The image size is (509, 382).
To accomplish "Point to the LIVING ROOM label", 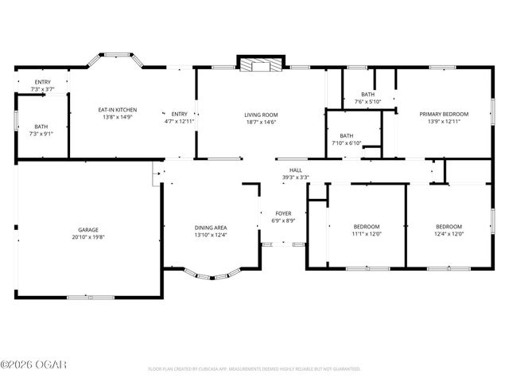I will click(261, 115).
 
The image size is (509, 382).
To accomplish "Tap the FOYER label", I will click(284, 212).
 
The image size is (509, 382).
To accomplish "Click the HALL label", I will click(295, 170).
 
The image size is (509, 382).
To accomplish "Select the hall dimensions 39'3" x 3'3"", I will click(295, 177).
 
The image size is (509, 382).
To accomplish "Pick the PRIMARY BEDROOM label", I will click(444, 114).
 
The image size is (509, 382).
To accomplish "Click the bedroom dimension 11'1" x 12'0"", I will click(367, 234).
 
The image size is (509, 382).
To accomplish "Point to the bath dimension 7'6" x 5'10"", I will click(367, 102).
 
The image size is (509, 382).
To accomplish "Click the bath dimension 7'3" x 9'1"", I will click(41, 134).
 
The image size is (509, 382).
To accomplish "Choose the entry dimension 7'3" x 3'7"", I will click(41, 89).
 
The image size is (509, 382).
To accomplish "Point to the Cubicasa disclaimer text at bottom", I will click(254, 369).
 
